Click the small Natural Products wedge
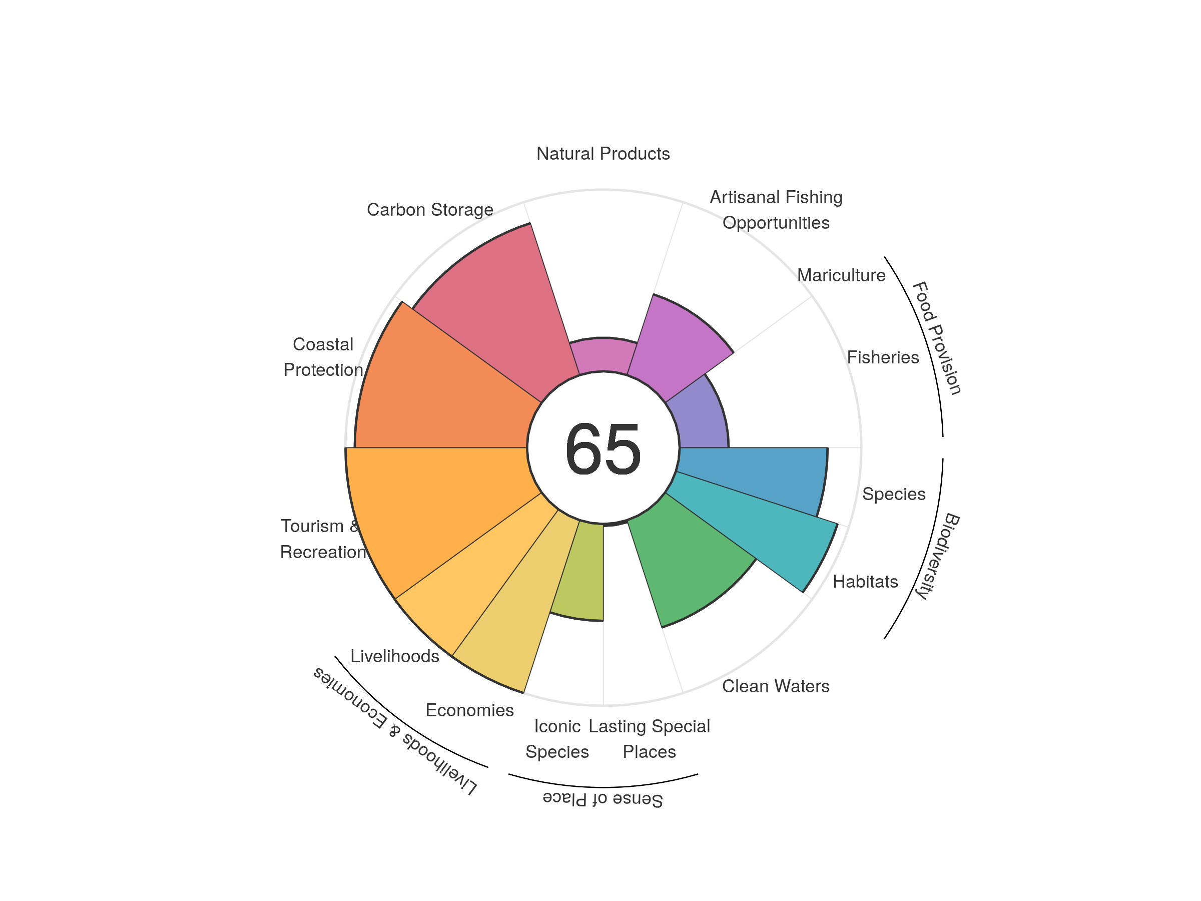(x=603, y=356)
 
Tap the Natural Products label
(x=603, y=154)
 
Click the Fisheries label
(x=882, y=357)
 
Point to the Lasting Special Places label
(x=649, y=739)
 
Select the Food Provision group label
(x=937, y=338)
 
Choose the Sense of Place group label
(x=603, y=799)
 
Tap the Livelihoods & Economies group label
(x=395, y=730)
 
